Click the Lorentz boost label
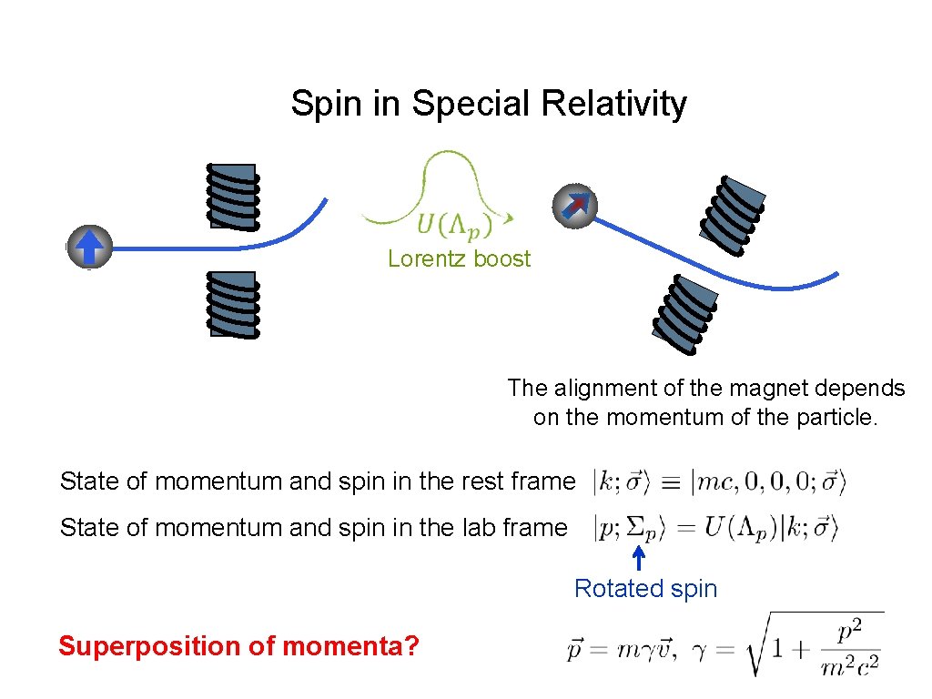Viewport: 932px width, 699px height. coord(459,258)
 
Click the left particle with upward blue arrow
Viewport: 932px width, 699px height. coord(89,247)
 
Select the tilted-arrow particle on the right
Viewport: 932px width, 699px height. coord(574,206)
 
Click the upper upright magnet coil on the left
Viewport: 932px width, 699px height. coord(233,196)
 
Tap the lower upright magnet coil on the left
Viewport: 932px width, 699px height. coord(233,304)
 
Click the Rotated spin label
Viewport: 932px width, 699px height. coord(645,589)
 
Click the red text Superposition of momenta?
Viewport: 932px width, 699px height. coord(238,646)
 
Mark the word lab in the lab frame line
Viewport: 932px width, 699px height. coord(436,527)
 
